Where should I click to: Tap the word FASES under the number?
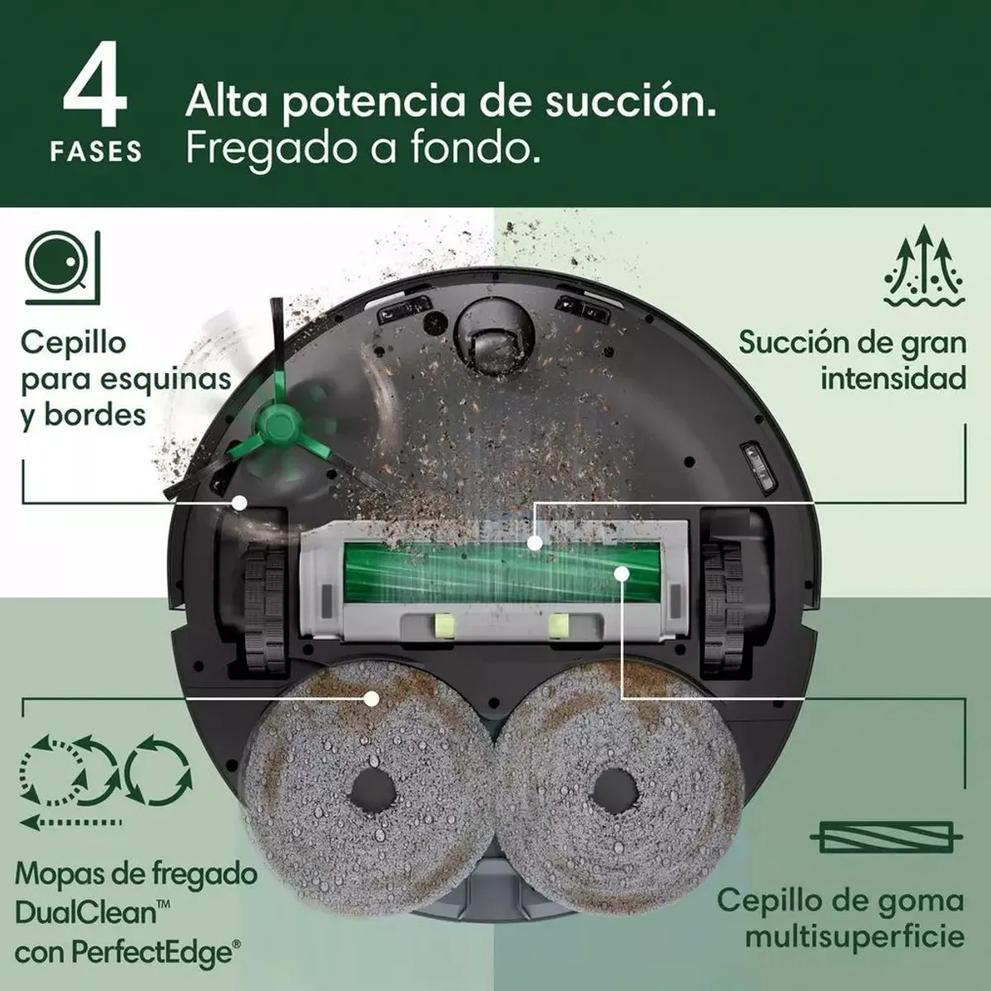(x=96, y=153)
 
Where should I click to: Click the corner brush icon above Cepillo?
(x=63, y=266)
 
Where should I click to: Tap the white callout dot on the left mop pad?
(x=372, y=699)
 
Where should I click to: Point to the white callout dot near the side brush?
(x=240, y=501)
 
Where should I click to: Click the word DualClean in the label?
(x=86, y=913)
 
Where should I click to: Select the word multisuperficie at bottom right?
(x=854, y=937)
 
